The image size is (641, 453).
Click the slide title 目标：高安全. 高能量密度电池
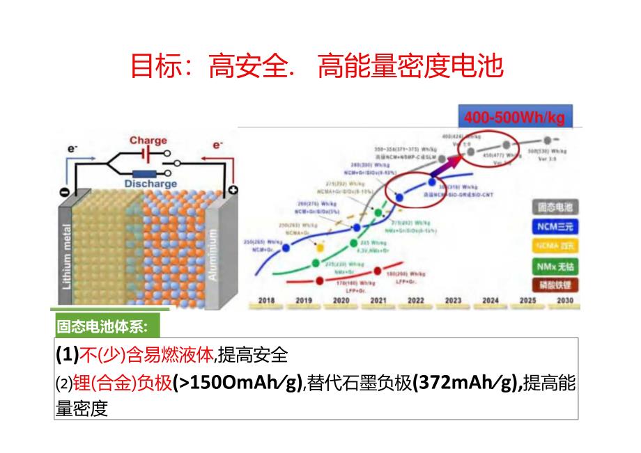[x=317, y=67]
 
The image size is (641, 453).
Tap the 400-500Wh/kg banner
[x=510, y=117]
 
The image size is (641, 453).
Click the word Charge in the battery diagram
[x=148, y=141]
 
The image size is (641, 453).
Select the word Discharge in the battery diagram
[x=151, y=184]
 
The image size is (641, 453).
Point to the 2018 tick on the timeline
[x=266, y=301]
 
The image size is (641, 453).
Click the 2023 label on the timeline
[x=453, y=301]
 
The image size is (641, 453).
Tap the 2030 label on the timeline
[x=564, y=301]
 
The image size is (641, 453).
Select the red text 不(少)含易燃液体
[x=146, y=355]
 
